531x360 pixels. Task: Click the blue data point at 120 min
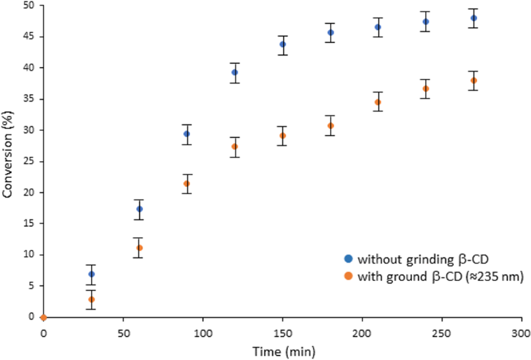pyautogui.click(x=235, y=72)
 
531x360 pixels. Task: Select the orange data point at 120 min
pyautogui.click(x=235, y=146)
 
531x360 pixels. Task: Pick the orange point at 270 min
pyautogui.click(x=474, y=81)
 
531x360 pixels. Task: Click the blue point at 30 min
pyautogui.click(x=91, y=274)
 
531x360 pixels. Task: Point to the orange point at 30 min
pyautogui.click(x=91, y=299)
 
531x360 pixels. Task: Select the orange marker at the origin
pyautogui.click(x=43, y=317)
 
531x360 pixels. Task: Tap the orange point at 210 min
pyautogui.click(x=378, y=102)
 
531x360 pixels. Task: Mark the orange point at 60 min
pyautogui.click(x=139, y=248)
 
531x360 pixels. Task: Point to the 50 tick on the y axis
pyautogui.click(x=30, y=6)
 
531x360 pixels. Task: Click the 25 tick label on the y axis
pyautogui.click(x=30, y=161)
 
